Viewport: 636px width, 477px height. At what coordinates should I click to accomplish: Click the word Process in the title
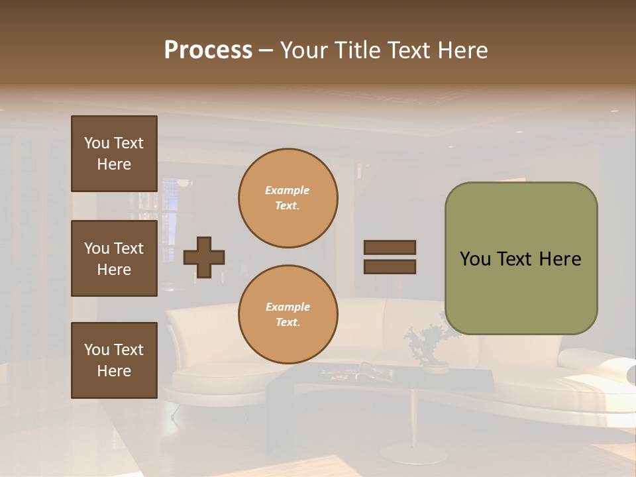point(208,50)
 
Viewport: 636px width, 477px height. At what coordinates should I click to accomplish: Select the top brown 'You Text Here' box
point(114,154)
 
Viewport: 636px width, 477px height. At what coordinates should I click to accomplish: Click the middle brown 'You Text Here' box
point(114,258)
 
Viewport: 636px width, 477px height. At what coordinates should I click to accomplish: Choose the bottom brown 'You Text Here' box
point(114,360)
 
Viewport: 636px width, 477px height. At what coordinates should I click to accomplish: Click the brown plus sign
point(204,257)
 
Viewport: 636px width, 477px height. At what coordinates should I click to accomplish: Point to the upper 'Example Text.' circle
point(288,198)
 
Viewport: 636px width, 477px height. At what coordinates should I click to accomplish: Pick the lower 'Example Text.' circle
point(288,315)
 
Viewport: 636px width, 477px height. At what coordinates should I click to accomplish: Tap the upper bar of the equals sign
point(390,248)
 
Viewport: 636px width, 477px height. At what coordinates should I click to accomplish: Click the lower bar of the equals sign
point(390,267)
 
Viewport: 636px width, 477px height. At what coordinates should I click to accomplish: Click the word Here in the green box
point(560,259)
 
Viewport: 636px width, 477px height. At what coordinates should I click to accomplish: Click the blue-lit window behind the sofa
point(170,212)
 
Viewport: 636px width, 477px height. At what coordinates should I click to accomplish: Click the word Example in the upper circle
point(288,190)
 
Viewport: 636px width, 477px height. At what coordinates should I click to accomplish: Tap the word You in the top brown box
point(96,143)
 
